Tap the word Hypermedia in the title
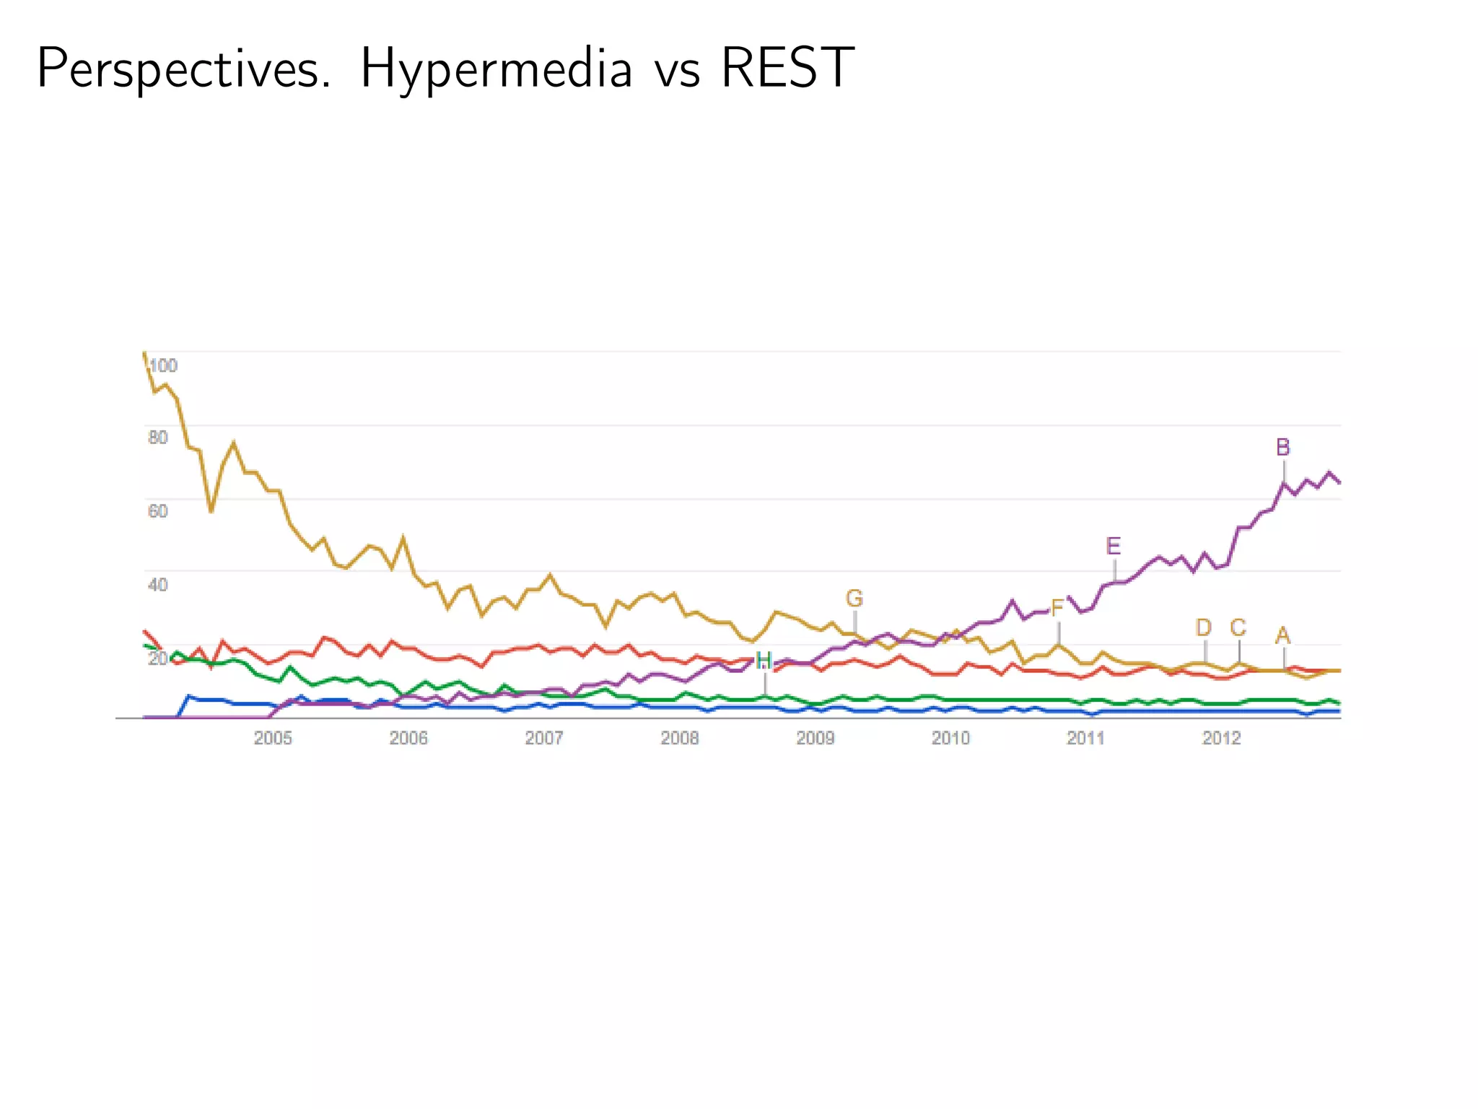[x=496, y=69]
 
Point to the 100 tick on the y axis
[x=164, y=365]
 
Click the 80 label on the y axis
[x=158, y=438]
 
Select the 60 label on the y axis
[x=158, y=511]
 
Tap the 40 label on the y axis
[x=158, y=584]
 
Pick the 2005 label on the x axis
[x=273, y=738]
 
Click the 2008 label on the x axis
[x=680, y=738]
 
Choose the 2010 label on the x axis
[x=950, y=738]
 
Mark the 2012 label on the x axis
[x=1221, y=738]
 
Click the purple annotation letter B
[x=1282, y=448]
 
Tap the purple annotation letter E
[x=1114, y=546]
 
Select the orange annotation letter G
[x=854, y=599]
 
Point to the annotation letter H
[x=764, y=661]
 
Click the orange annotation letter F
[x=1057, y=609]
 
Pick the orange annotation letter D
[x=1204, y=627]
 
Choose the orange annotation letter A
[x=1282, y=635]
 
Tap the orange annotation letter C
[x=1238, y=627]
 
